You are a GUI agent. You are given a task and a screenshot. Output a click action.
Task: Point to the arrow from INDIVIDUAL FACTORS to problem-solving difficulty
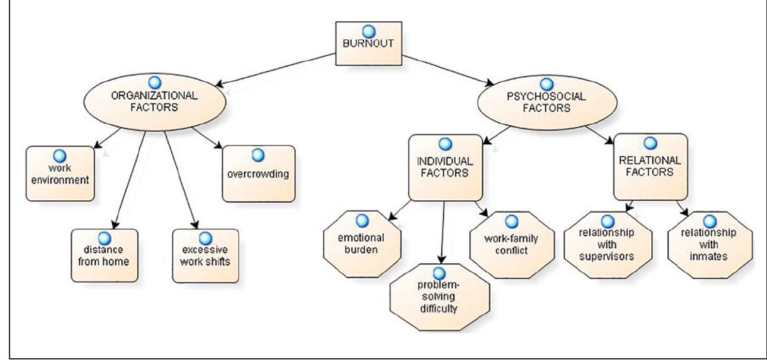441,232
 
